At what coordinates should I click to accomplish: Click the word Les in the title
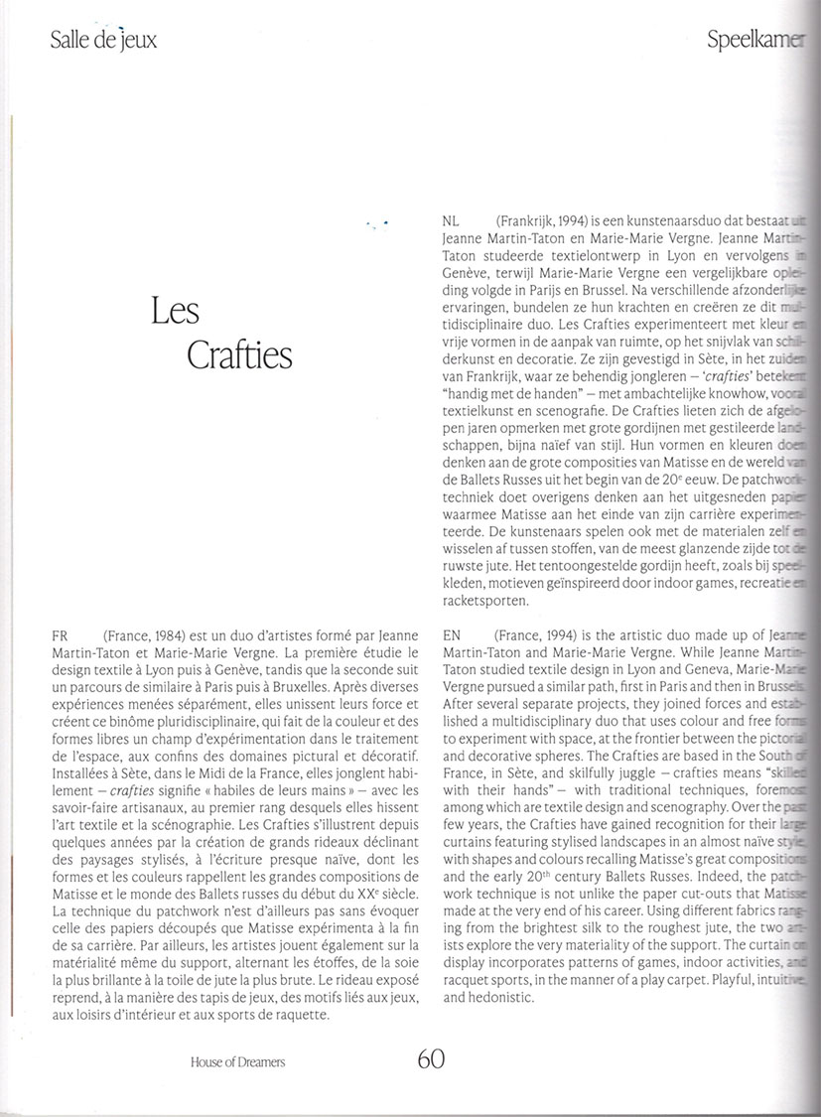[177, 312]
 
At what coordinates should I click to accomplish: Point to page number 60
[430, 1058]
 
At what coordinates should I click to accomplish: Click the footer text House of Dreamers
[237, 1061]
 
